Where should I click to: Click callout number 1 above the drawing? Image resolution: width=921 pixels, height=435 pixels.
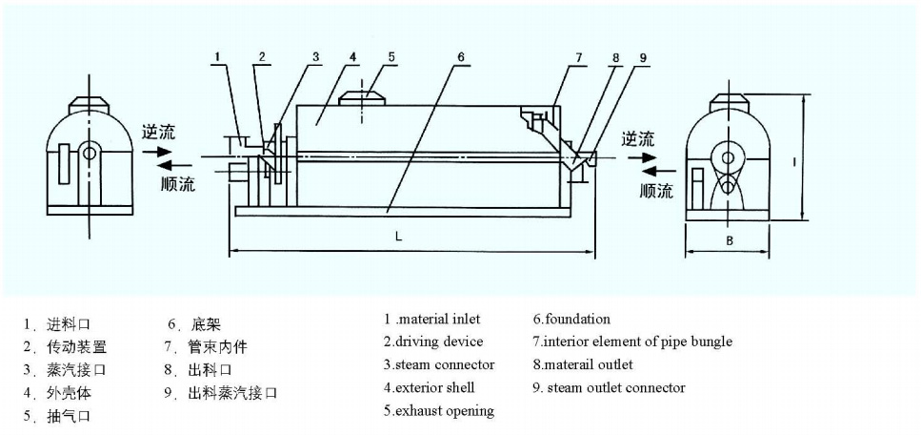point(217,57)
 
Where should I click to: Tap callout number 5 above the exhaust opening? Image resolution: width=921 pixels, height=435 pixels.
point(390,56)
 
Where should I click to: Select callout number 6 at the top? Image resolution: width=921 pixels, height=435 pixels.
point(460,56)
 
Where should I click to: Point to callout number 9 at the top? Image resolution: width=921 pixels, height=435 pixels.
point(644,57)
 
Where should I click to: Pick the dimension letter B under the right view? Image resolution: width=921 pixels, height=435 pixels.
point(729,240)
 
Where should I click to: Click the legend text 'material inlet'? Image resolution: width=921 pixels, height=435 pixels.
point(438,320)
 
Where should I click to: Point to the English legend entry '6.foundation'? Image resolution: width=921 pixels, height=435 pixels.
point(571,320)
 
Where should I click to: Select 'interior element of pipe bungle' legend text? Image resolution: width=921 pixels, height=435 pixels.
point(638,342)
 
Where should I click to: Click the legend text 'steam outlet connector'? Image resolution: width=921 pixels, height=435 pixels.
point(615,387)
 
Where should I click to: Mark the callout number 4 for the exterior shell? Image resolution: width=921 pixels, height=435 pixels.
point(352,56)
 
